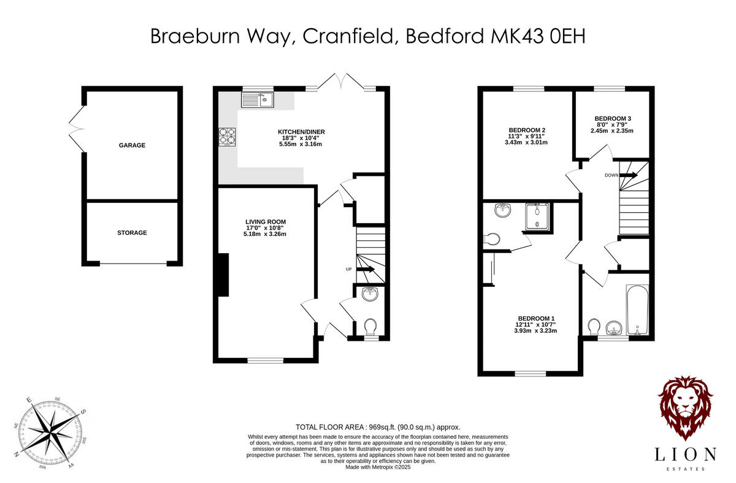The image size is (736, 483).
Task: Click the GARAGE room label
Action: [132, 146]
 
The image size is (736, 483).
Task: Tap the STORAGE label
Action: [132, 233]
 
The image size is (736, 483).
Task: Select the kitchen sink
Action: [258, 99]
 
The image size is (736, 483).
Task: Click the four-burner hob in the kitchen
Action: [228, 137]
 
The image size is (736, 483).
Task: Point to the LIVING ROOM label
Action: [266, 222]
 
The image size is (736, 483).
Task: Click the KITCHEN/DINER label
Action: [301, 132]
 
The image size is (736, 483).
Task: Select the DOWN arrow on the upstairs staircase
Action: [629, 175]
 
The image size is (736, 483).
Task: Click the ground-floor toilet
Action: [370, 325]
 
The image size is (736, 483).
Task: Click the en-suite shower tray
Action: [537, 216]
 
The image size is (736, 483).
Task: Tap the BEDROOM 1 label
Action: [536, 318]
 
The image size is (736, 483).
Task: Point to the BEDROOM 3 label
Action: [613, 118]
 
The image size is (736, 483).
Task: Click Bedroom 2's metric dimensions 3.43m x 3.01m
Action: [526, 142]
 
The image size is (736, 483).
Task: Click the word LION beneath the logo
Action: [685, 454]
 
